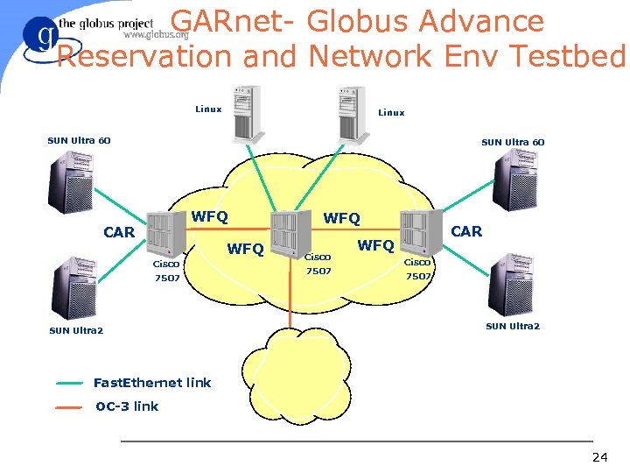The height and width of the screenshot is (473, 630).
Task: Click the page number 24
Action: (599, 457)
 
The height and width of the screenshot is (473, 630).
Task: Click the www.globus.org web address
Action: (157, 35)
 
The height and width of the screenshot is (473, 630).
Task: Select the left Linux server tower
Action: (247, 114)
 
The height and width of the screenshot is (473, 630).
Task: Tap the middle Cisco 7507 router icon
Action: (289, 232)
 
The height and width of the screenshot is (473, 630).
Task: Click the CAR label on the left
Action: (119, 232)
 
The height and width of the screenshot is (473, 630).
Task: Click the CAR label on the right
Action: (465, 231)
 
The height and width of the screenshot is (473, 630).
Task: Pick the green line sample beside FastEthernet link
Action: (69, 384)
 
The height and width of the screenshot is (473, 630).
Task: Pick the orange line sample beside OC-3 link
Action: (69, 407)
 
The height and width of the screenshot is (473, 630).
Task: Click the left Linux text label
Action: (208, 109)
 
